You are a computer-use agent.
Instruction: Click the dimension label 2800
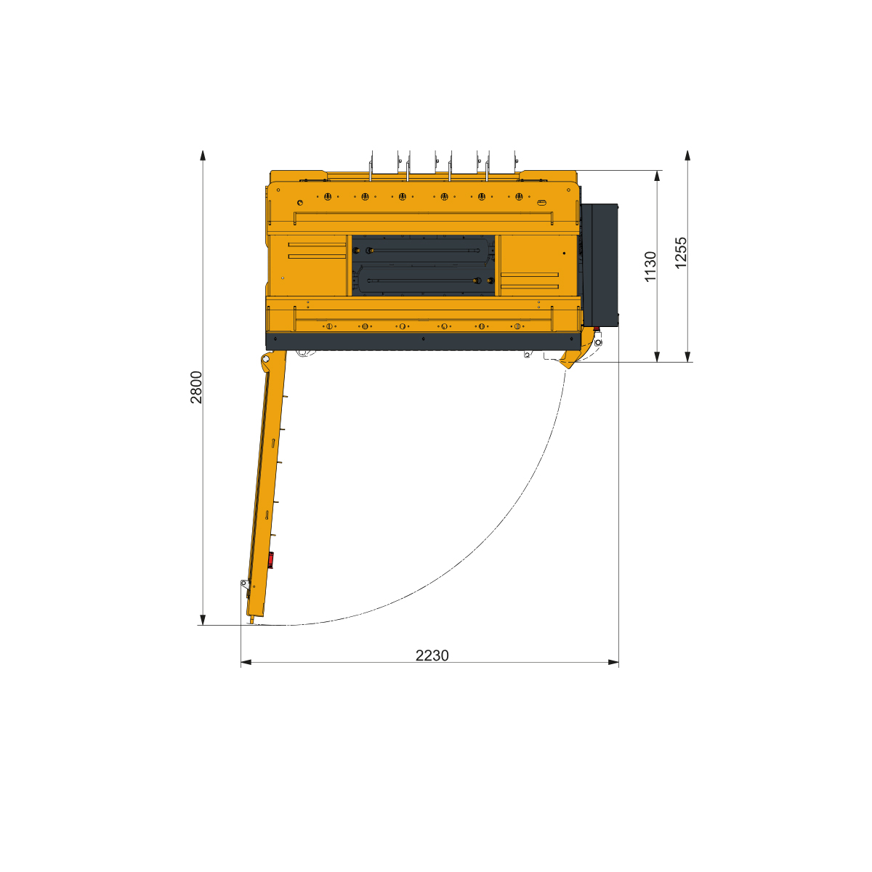pyautogui.click(x=196, y=387)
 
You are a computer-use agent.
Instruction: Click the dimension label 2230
pyautogui.click(x=432, y=655)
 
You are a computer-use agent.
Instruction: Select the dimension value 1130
pyautogui.click(x=650, y=267)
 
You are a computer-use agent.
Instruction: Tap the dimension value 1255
pyautogui.click(x=681, y=252)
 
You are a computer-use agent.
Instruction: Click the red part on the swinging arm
pyautogui.click(x=270, y=560)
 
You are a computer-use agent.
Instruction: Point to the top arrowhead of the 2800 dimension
pyautogui.click(x=203, y=156)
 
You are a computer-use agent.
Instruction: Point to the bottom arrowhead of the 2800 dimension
pyautogui.click(x=203, y=620)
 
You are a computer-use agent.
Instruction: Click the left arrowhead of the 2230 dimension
pyautogui.click(x=246, y=663)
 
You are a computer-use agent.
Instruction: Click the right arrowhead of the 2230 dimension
pyautogui.click(x=613, y=663)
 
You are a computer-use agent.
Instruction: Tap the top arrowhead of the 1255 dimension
pyautogui.click(x=687, y=156)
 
